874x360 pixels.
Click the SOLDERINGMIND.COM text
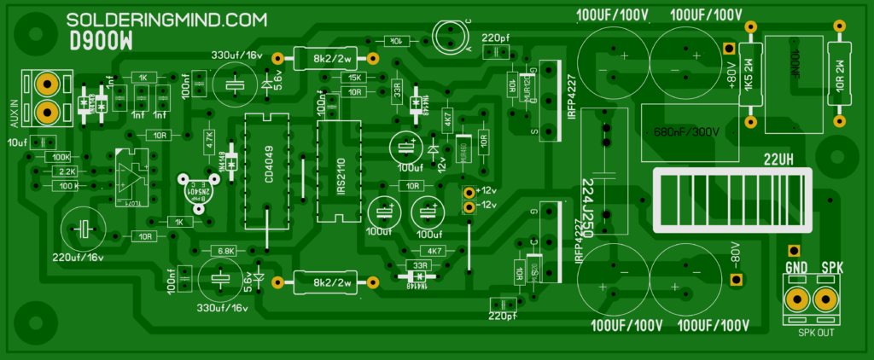click(x=166, y=20)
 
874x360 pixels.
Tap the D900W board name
click(x=100, y=42)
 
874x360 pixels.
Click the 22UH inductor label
click(x=779, y=158)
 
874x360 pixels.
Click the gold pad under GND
click(x=797, y=299)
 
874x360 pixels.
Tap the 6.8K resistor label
click(x=226, y=251)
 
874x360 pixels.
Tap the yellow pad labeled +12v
click(x=468, y=192)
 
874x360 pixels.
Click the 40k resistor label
click(x=394, y=40)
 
